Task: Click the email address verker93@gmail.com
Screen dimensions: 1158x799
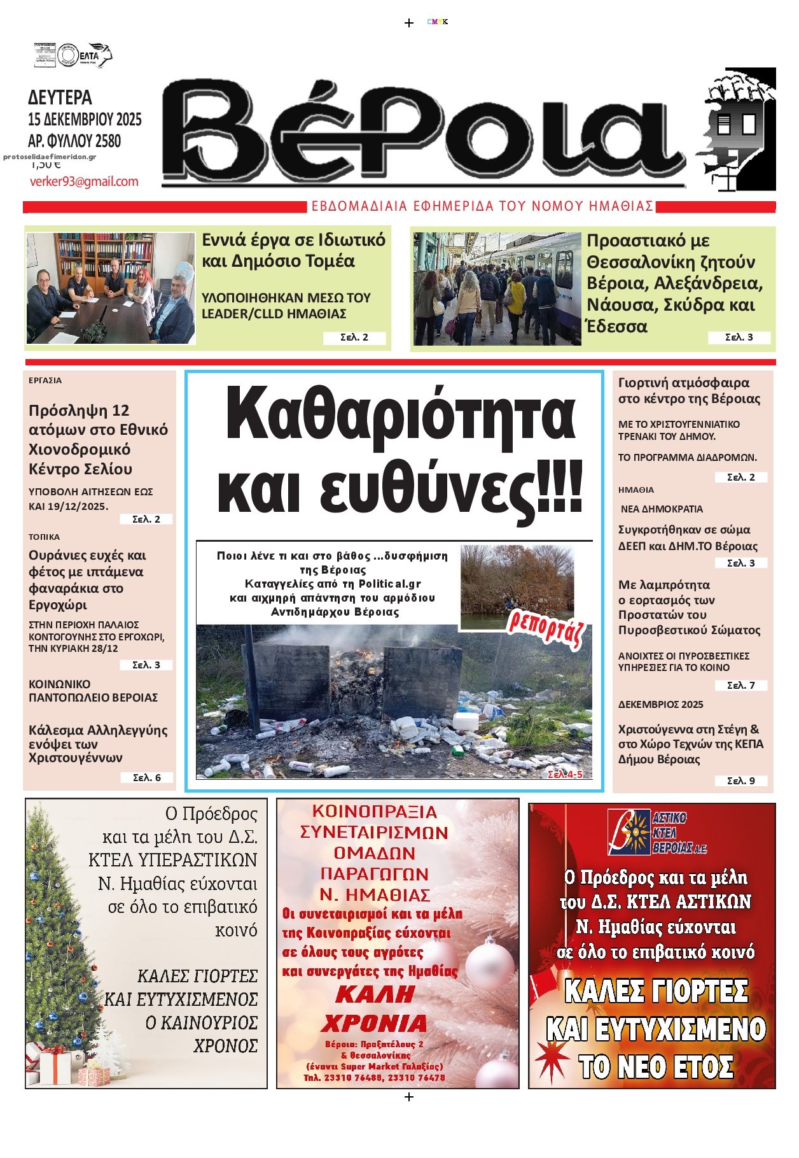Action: (84, 181)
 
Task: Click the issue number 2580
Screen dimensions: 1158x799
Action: (104, 141)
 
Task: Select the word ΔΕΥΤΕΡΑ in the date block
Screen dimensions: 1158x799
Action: (60, 97)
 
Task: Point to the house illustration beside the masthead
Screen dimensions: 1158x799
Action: (740, 129)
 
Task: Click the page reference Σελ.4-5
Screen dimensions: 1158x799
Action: (565, 774)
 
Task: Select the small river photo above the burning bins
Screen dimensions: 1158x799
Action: (517, 586)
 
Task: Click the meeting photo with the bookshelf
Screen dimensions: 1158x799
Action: (111, 288)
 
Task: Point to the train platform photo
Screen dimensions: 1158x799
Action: (497, 288)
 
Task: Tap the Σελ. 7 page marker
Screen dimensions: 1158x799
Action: (740, 685)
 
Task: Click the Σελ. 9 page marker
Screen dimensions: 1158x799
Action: (740, 780)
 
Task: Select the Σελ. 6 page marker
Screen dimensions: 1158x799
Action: (146, 777)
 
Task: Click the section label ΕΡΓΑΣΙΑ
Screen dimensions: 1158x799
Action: (45, 380)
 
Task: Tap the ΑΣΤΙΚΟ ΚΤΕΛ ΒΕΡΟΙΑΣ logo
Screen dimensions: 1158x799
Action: (657, 831)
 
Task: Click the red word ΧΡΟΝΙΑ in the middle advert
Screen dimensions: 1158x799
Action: (373, 1023)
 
